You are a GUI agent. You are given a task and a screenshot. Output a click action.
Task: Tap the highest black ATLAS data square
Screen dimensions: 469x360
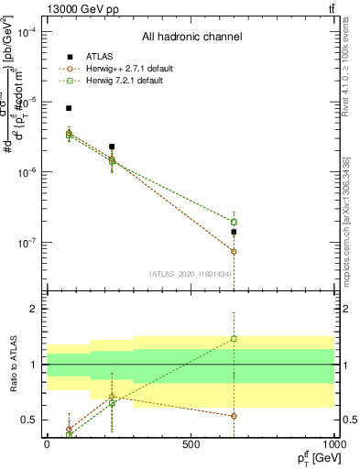point(69,108)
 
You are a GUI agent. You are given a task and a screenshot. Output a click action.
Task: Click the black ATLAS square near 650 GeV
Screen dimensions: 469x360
point(234,232)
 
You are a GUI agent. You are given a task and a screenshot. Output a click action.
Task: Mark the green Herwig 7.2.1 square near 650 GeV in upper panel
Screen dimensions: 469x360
point(234,222)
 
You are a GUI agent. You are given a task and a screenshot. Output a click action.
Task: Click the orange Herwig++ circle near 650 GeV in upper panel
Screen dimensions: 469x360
point(234,251)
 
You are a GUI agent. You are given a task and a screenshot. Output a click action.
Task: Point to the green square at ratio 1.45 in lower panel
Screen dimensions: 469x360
point(234,339)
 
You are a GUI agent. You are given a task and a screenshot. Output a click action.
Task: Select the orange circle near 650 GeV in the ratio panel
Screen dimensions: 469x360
point(234,416)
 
